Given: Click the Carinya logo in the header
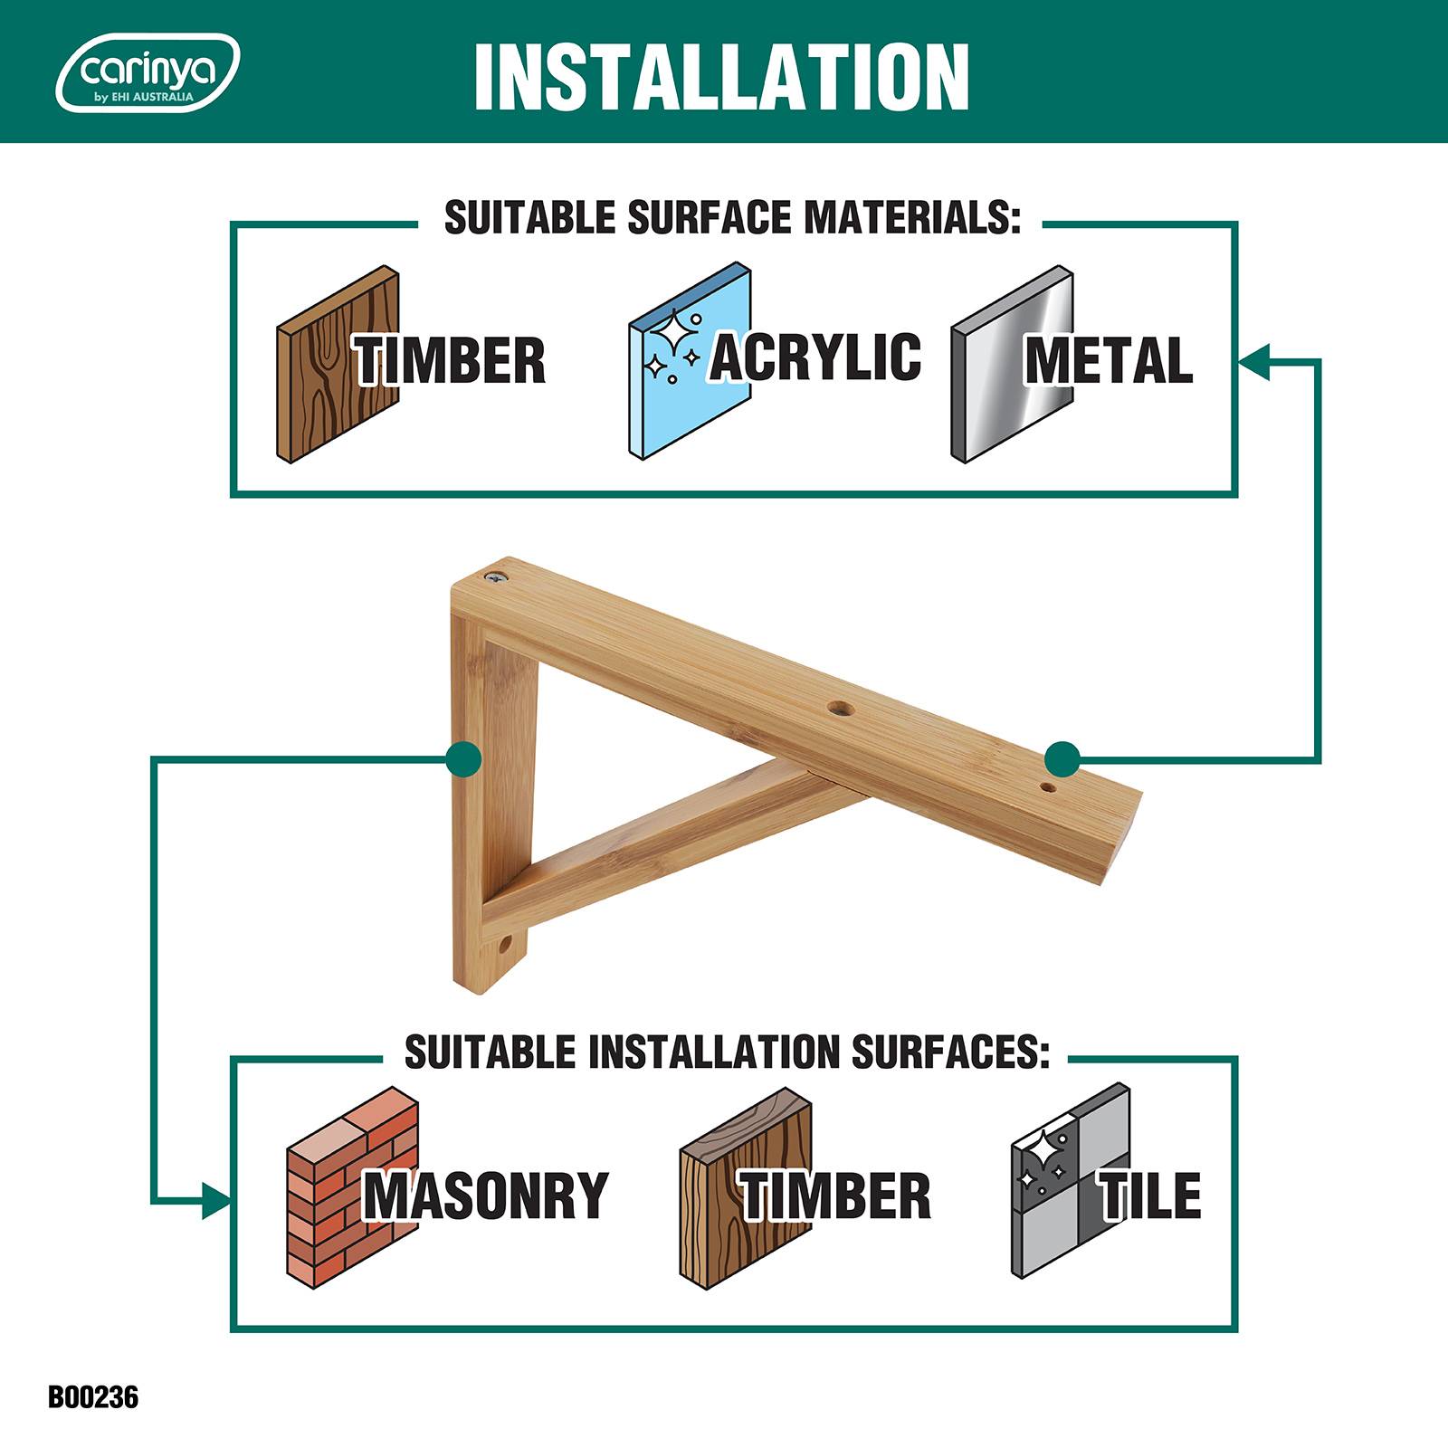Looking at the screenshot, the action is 148,72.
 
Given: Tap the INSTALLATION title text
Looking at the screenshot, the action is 721,76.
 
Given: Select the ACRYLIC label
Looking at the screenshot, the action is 815,357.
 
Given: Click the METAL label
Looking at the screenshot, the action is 1109,360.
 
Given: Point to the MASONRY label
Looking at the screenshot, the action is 486,1196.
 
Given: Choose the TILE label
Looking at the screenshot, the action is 1150,1196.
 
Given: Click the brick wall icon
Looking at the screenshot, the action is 352,1186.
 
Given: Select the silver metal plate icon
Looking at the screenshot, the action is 1012,364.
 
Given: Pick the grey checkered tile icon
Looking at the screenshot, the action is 1071,1180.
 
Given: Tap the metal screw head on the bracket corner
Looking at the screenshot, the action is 496,576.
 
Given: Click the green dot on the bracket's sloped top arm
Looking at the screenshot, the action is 1062,758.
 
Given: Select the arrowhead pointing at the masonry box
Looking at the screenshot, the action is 216,1201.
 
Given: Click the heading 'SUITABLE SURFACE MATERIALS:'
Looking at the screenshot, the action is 732,218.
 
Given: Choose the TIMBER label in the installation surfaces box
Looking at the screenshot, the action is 835,1196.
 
